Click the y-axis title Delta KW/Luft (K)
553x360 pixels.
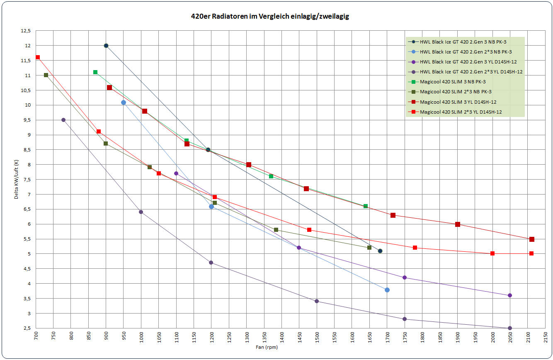(x=17, y=179)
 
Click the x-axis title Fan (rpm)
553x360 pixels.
(x=267, y=348)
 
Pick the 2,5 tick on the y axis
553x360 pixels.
(x=27, y=328)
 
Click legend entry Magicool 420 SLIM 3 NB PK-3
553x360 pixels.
(x=453, y=82)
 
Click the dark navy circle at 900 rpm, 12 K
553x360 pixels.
(x=106, y=46)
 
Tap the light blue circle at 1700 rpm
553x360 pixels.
(x=387, y=290)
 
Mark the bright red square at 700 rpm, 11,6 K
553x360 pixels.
(x=38, y=57)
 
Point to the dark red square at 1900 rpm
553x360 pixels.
(x=458, y=224)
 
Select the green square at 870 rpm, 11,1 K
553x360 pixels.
(x=95, y=72)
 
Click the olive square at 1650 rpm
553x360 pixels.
(x=369, y=248)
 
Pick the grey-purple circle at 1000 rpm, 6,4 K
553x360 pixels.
(x=141, y=212)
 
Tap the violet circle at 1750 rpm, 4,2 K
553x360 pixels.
(x=405, y=277)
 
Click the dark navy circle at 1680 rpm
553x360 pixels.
(x=380, y=251)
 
